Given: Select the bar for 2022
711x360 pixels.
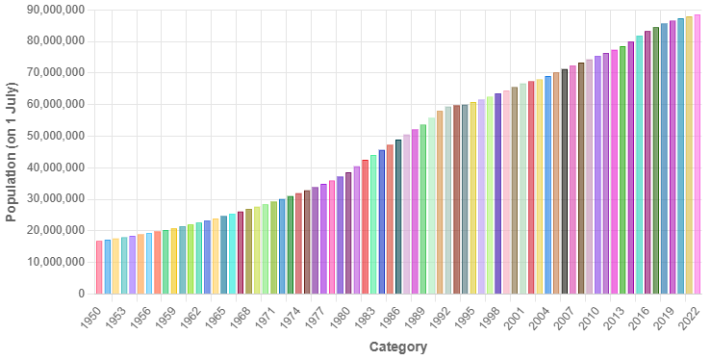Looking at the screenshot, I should coord(697,154).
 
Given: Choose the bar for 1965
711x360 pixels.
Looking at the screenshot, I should coord(224,256).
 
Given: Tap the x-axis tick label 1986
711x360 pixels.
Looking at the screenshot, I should coord(386,315).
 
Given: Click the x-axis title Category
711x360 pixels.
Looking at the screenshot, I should coord(397,347).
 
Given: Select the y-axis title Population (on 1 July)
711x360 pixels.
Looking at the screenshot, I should coord(13,151).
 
